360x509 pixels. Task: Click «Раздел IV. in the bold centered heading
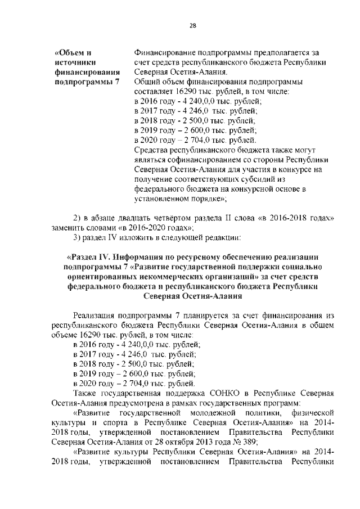[90, 257]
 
